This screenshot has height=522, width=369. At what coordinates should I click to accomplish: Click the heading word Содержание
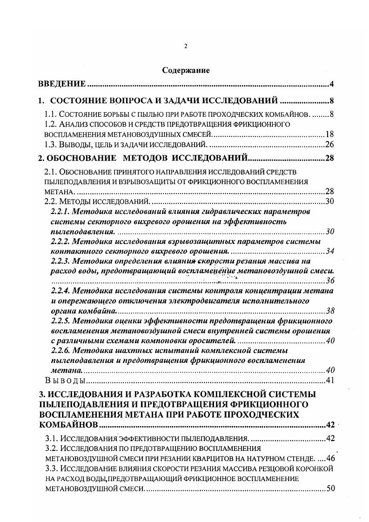(186, 70)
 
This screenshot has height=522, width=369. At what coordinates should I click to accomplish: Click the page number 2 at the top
(185, 46)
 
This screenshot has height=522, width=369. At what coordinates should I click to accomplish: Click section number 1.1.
(51, 114)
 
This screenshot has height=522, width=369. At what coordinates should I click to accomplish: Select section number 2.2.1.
(60, 212)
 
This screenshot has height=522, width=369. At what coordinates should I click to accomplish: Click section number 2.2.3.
(60, 261)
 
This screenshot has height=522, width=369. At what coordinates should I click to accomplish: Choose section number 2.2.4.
(60, 291)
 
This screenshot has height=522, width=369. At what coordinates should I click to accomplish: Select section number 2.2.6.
(60, 350)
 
